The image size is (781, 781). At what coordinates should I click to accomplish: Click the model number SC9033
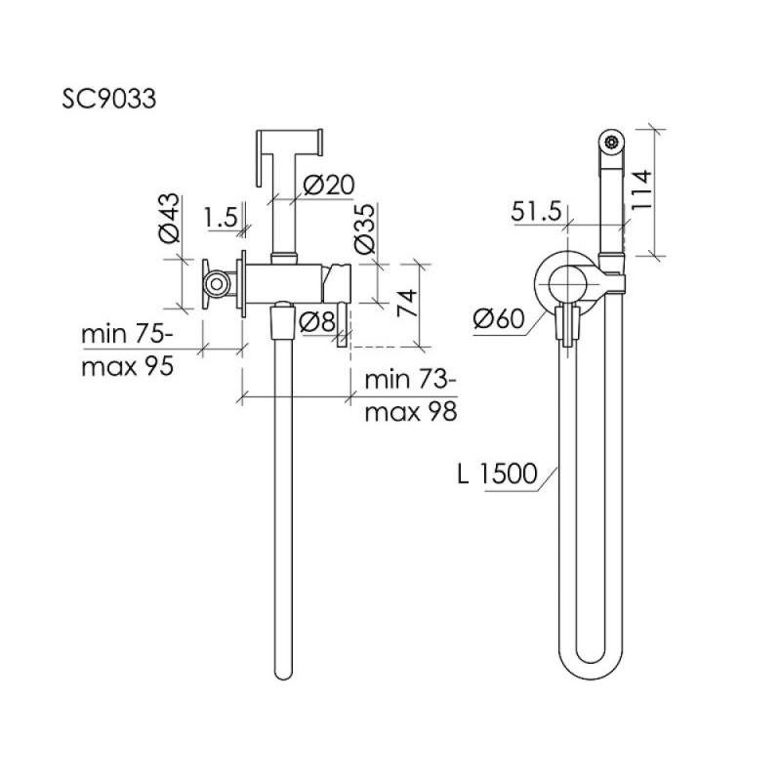pyautogui.click(x=108, y=99)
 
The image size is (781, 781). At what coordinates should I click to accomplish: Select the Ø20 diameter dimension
pyautogui.click(x=329, y=185)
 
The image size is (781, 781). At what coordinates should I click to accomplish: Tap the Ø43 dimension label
pyautogui.click(x=169, y=218)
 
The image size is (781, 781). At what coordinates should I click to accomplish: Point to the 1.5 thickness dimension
pyautogui.click(x=221, y=217)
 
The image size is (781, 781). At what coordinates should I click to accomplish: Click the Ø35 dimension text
pyautogui.click(x=364, y=228)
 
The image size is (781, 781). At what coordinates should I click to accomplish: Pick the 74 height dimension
pyautogui.click(x=407, y=303)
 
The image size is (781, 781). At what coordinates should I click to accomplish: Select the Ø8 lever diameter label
pyautogui.click(x=316, y=322)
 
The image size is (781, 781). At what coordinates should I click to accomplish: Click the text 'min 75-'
pyautogui.click(x=128, y=334)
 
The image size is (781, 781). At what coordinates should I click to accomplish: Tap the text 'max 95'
pyautogui.click(x=128, y=367)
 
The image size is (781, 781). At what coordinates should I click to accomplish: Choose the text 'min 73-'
pyautogui.click(x=410, y=380)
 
